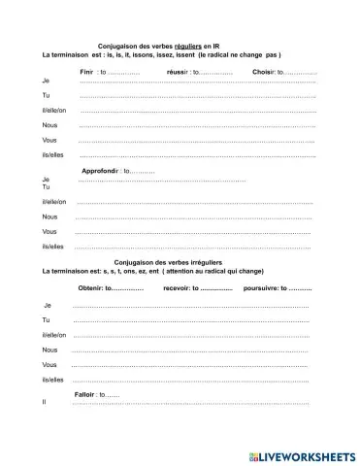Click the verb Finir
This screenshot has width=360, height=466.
pos(86,73)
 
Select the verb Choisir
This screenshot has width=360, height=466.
pos(264,73)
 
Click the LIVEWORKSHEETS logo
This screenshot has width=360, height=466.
pos(302,453)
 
